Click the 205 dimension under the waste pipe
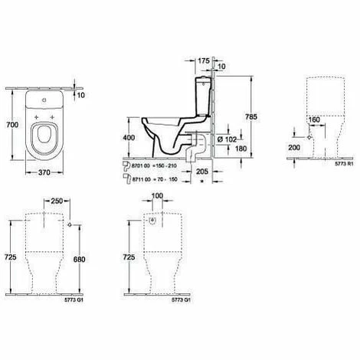202,174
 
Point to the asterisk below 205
201,184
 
